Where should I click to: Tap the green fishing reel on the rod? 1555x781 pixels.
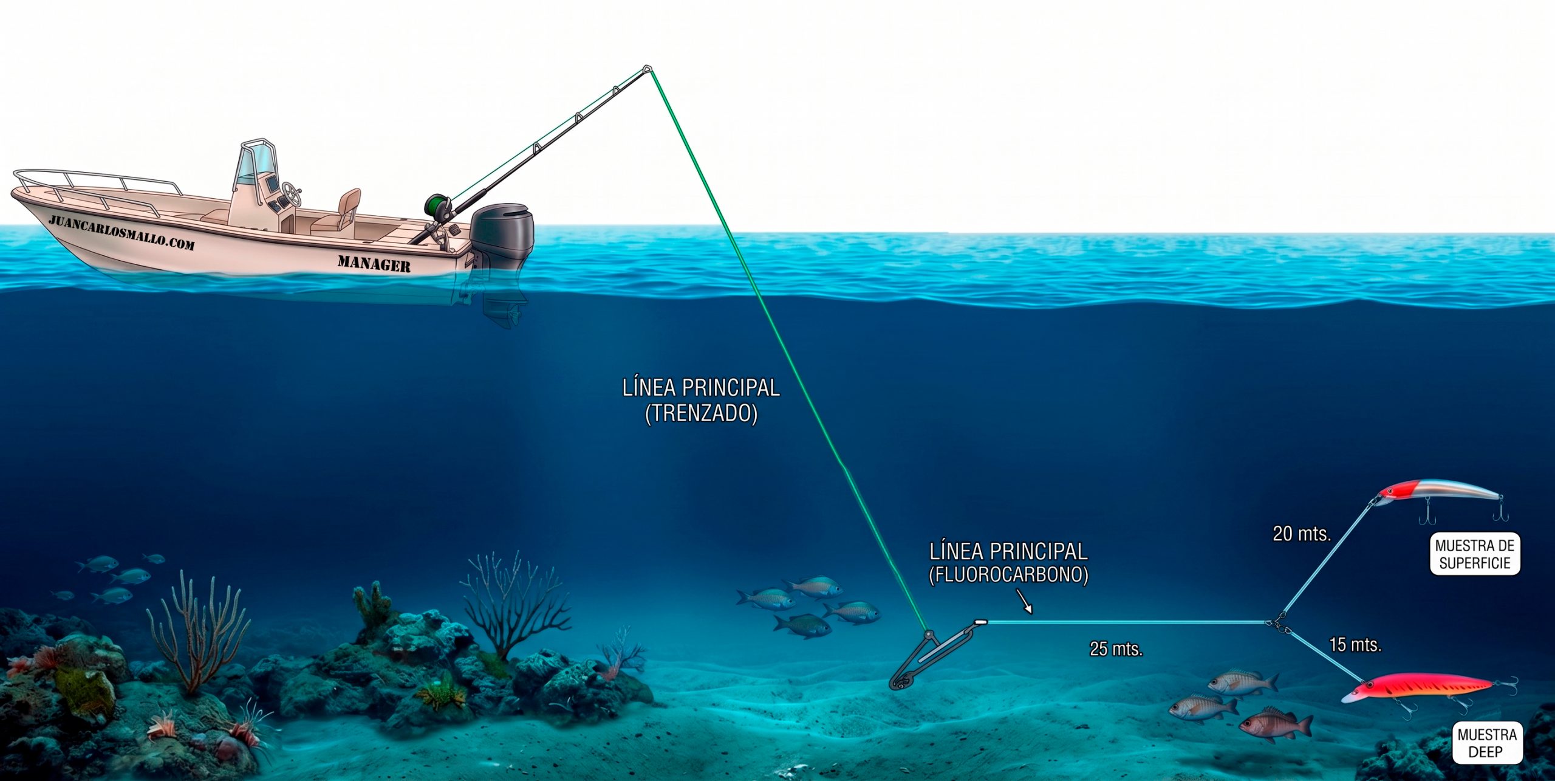coord(436,207)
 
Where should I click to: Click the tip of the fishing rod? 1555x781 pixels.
coord(647,69)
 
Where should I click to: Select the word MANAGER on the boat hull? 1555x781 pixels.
coord(374,263)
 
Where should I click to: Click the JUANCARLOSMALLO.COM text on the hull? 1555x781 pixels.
coord(121,232)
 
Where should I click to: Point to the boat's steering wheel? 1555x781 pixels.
coord(292,194)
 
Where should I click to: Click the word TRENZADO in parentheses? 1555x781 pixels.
coord(701,414)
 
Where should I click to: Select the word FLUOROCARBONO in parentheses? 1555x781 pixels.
coord(1008,575)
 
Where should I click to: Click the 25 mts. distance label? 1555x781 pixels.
coord(1116,649)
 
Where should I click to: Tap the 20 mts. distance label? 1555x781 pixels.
coord(1302,534)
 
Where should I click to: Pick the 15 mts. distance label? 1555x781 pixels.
coord(1355,644)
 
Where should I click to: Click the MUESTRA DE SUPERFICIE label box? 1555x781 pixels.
coord(1475,554)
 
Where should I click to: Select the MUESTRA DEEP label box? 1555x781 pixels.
coord(1487,743)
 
